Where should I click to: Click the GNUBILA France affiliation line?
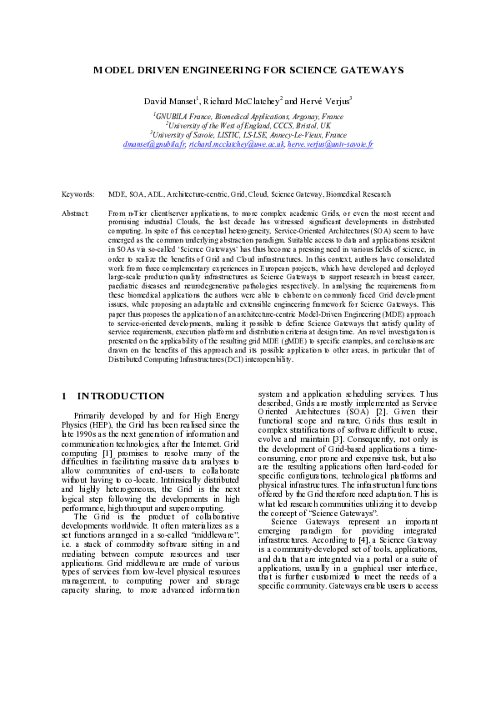coord(248,118)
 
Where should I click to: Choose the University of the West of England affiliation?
coord(248,126)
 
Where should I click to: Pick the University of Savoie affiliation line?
coord(248,134)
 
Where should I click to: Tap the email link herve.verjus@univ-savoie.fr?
coord(329,143)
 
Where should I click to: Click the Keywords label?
coord(78,194)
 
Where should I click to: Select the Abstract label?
coord(75,214)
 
